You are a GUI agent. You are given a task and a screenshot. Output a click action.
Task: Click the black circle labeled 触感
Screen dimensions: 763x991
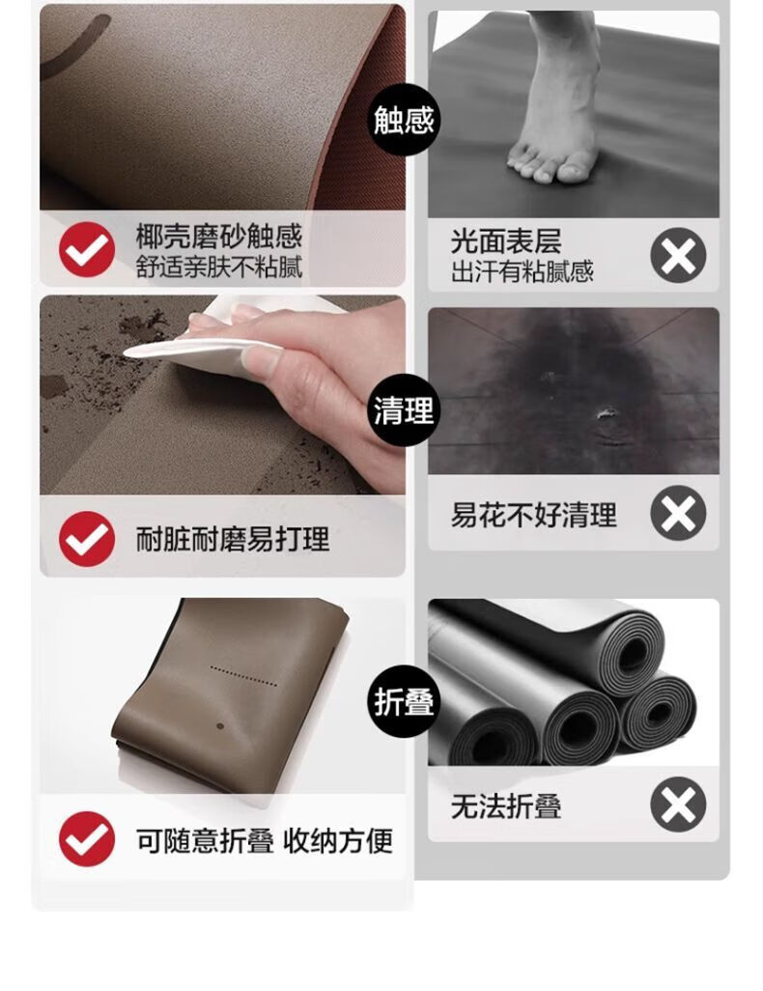pos(404,119)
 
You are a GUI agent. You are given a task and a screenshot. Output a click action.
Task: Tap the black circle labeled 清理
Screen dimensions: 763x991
pos(404,411)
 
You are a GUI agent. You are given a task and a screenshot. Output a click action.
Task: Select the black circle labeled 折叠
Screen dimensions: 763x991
pos(404,701)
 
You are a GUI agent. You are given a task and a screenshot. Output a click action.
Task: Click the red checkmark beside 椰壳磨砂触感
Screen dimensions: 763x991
pos(87,249)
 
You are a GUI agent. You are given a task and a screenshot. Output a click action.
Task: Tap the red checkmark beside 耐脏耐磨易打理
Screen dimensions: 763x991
pos(87,539)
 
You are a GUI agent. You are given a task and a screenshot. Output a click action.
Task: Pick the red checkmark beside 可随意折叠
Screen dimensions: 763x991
pos(87,839)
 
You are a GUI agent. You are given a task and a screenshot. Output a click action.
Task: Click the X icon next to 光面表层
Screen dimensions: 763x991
pos(678,255)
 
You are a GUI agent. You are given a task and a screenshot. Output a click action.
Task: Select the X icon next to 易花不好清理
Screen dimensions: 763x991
pos(678,513)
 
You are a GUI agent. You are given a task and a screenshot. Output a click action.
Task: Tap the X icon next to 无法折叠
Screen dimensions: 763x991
pos(678,805)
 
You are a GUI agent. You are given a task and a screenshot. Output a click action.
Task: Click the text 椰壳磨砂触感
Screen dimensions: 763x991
pos(218,237)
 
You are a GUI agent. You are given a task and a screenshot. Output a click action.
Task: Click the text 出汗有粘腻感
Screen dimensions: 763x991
pos(523,271)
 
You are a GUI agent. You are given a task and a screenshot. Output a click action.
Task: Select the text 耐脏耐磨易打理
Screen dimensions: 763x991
pos(233,540)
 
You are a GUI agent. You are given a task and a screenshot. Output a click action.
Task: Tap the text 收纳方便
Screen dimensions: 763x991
pos(338,840)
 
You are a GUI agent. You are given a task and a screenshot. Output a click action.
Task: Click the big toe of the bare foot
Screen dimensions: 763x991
pos(573,169)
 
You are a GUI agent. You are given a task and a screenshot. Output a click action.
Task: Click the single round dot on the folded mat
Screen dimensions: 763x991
pos(220,726)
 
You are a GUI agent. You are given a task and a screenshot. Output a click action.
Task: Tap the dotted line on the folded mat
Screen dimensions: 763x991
pos(243,676)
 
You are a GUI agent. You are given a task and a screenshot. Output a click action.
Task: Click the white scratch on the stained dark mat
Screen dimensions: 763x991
pos(606,412)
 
